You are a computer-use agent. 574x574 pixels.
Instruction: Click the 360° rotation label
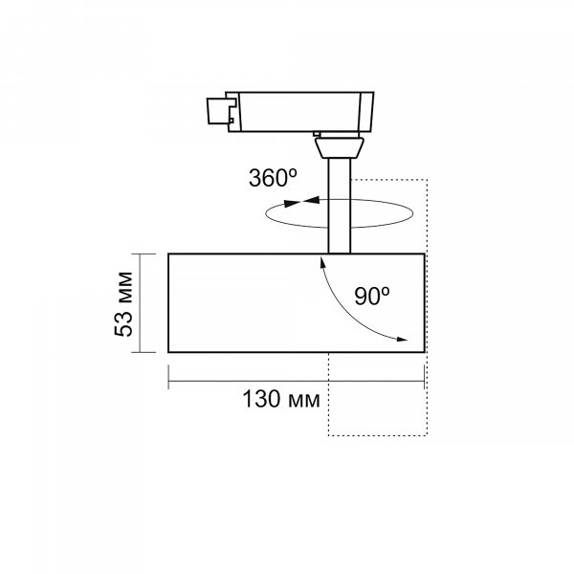(273, 178)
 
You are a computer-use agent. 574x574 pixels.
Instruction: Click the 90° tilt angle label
(372, 296)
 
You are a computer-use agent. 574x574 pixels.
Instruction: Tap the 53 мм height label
(123, 304)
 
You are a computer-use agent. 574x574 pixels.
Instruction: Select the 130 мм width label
(280, 399)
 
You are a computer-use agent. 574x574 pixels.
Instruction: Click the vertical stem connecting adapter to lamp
(340, 206)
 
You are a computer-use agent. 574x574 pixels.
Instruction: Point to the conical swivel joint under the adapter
(340, 148)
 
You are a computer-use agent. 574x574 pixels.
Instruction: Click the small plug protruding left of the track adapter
(217, 111)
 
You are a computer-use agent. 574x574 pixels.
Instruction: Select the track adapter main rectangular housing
(299, 112)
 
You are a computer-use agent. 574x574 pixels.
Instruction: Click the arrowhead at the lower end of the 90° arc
(402, 340)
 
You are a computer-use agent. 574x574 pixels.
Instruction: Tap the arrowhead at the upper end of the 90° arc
(322, 262)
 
